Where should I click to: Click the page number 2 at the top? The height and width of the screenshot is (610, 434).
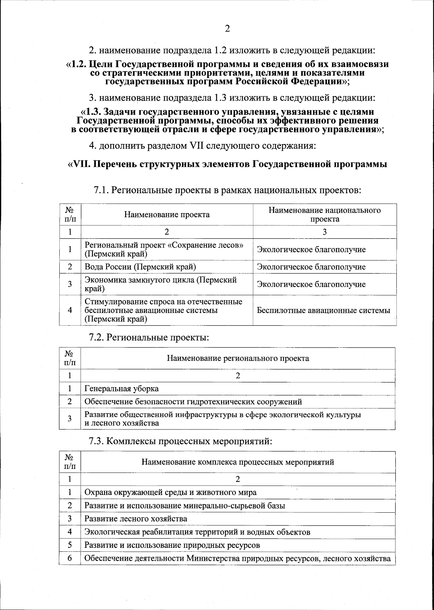pos(227,29)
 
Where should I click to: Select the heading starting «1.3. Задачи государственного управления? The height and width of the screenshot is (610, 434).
pos(227,120)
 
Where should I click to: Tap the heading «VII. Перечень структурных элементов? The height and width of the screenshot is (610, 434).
pos(227,164)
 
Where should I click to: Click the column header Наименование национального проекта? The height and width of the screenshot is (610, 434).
pos(324,215)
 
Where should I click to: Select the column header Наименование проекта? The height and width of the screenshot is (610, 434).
pos(167,215)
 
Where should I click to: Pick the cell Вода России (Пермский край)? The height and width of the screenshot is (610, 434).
pos(140,267)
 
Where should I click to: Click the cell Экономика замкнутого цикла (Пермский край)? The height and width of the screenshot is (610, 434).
pos(161,284)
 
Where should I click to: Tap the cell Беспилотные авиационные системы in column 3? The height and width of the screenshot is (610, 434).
pos(323,310)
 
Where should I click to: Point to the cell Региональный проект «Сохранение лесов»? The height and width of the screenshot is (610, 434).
pos(164,249)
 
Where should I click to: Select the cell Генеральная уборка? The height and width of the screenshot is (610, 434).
pos(122,389)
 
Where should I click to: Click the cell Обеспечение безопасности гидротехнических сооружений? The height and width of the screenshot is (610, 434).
pos(193,402)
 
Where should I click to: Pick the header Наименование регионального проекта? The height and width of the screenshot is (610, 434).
pos(238,358)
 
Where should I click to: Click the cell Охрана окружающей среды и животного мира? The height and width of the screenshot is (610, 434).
pos(170,492)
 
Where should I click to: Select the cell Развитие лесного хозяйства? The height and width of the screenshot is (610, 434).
pos(136,518)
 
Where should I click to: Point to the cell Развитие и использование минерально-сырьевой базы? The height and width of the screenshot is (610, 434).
pos(184,505)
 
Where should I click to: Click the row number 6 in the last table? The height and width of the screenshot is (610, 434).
pos(70,558)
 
